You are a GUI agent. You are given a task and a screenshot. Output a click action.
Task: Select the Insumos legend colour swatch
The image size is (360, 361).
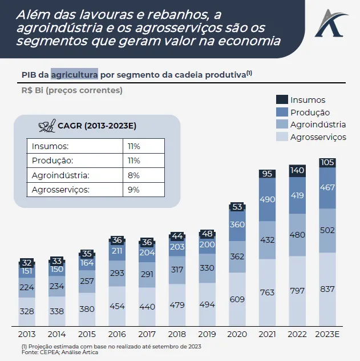click(x=281, y=99)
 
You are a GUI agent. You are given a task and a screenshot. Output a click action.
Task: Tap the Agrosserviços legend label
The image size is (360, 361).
click(x=318, y=137)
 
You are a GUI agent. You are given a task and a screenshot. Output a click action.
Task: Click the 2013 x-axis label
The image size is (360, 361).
click(x=27, y=334)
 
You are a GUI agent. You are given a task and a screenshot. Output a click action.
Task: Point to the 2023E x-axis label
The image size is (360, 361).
click(x=327, y=334)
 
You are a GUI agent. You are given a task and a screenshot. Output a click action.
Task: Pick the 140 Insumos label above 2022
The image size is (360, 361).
click(x=297, y=170)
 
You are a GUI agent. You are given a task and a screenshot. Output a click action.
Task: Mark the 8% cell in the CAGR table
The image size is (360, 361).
click(x=134, y=175)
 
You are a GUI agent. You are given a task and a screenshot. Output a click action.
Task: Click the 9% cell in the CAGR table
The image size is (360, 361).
click(x=134, y=190)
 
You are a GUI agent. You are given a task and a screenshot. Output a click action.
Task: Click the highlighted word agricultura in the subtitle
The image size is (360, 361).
click(x=74, y=74)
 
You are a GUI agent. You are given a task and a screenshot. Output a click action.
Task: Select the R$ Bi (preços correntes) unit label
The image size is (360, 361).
click(x=72, y=90)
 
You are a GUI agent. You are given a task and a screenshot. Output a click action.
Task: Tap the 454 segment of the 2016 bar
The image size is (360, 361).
click(x=117, y=306)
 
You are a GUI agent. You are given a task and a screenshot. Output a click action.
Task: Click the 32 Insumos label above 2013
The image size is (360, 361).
click(x=27, y=263)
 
